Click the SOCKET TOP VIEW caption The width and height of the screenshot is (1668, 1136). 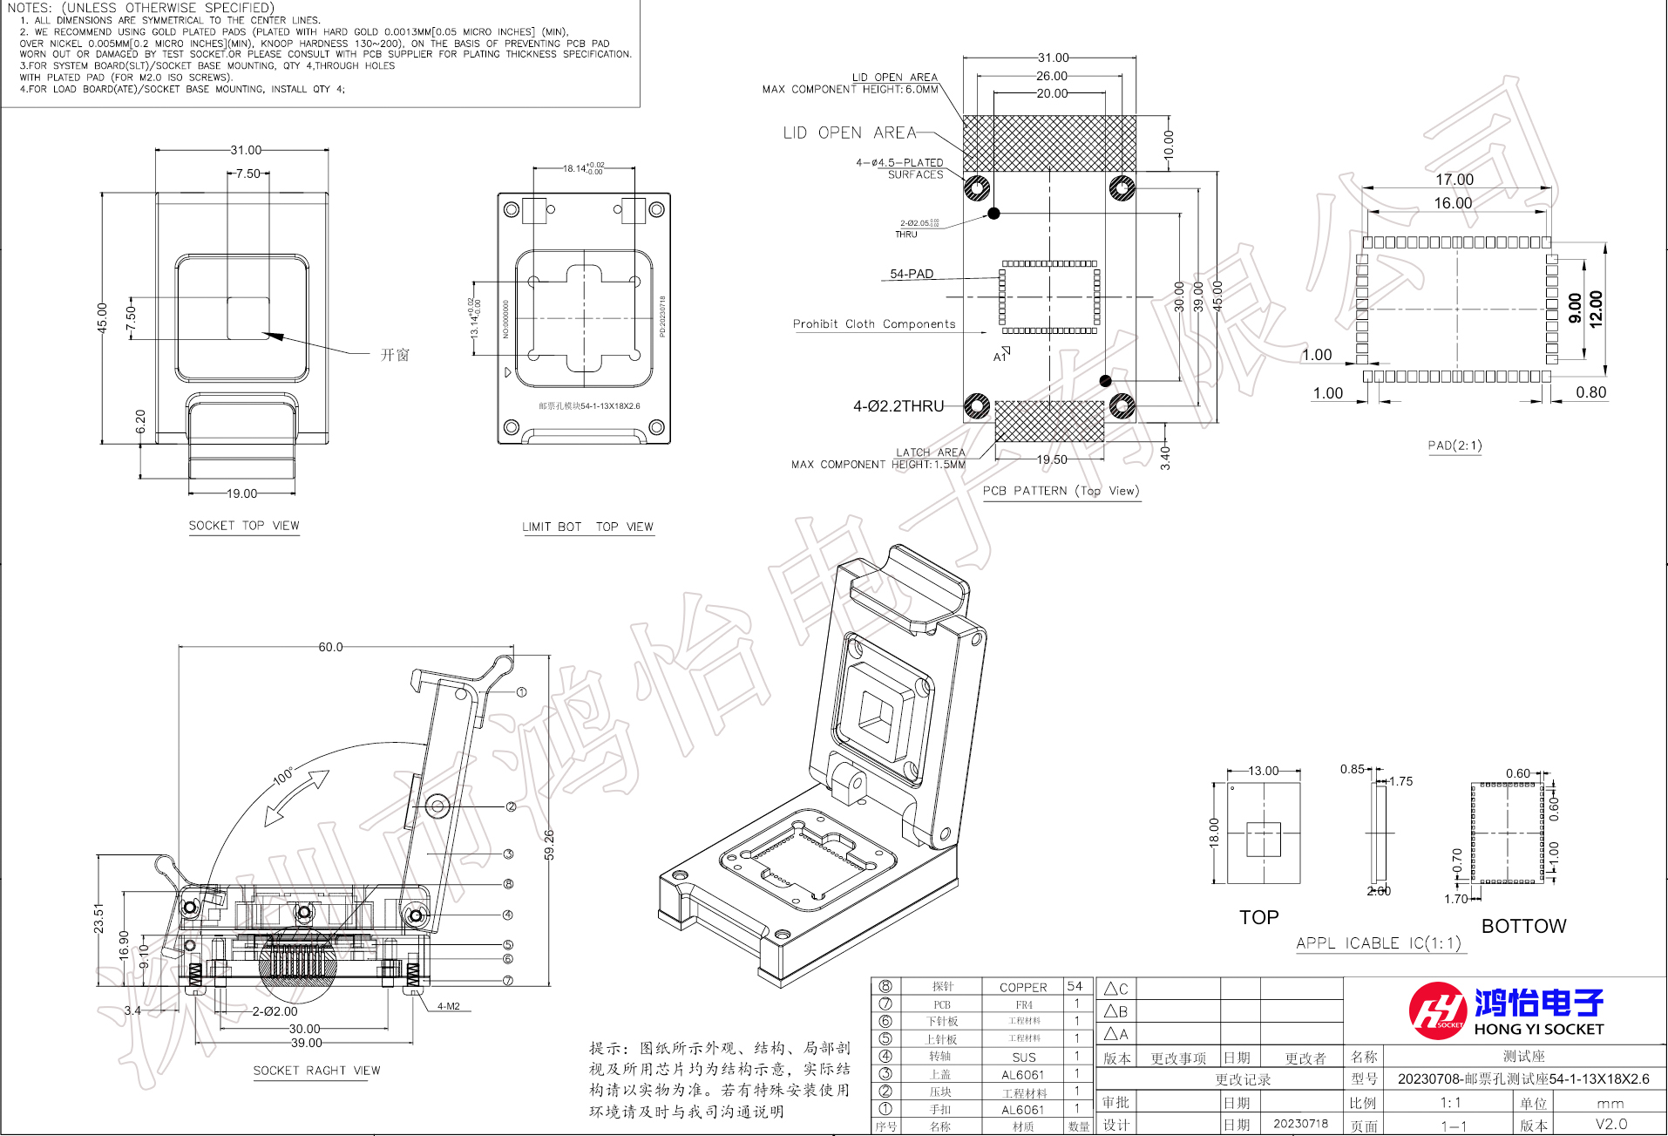tap(244, 526)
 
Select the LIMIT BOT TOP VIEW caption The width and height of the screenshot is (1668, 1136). tap(587, 527)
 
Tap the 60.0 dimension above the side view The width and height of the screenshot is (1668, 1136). tap(330, 647)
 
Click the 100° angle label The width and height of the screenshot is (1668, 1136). tap(284, 776)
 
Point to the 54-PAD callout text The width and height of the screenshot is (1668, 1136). tap(912, 274)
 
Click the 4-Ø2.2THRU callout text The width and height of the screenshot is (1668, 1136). tap(898, 406)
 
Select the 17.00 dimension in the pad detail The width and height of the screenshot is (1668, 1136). tap(1454, 180)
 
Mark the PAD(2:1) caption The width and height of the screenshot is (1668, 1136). tap(1454, 446)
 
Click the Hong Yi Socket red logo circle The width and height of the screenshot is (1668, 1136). tap(1437, 1010)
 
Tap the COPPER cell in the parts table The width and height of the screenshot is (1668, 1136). tap(1023, 987)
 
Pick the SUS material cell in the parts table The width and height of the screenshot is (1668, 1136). tap(1023, 1057)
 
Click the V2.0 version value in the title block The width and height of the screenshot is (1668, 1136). tap(1610, 1124)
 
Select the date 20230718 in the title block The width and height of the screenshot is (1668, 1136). tap(1300, 1124)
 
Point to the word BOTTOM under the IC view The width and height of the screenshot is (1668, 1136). tap(1523, 926)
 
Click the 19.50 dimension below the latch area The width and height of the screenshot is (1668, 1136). tap(1052, 459)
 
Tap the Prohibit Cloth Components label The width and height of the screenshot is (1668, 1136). tap(874, 324)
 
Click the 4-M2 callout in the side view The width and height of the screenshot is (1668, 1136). tap(449, 1006)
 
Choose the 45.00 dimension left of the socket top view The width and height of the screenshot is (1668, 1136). tap(102, 317)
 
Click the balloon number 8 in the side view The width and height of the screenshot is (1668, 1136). tap(508, 884)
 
